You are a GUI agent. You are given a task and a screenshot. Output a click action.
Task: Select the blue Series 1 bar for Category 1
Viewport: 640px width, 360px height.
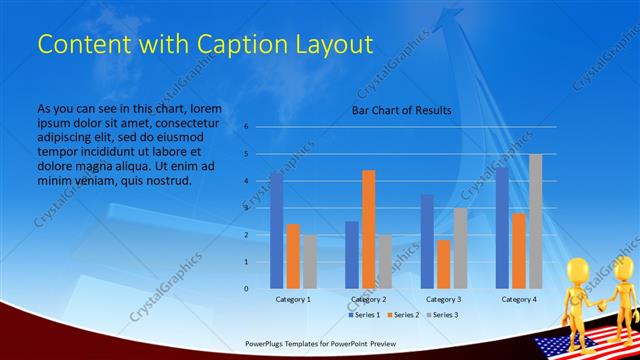tap(276, 230)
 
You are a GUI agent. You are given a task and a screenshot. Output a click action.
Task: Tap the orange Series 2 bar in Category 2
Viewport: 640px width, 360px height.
tap(369, 229)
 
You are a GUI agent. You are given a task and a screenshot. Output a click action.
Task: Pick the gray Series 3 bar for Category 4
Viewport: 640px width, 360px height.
tap(536, 221)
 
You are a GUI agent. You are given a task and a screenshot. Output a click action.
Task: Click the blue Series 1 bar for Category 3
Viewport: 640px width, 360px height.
tap(427, 241)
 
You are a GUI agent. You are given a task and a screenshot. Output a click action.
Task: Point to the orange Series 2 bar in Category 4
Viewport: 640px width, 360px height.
tap(519, 250)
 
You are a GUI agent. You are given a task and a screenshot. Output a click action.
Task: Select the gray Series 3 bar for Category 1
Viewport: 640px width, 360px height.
tap(310, 261)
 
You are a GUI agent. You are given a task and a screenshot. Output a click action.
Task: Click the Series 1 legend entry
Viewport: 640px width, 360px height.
tap(365, 315)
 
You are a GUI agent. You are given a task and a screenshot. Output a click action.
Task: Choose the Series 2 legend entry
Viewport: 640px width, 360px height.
tap(404, 315)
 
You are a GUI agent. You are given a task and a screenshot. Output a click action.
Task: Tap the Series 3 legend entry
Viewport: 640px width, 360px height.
tap(442, 315)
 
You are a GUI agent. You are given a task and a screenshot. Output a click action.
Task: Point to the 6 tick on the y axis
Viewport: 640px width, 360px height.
tap(246, 127)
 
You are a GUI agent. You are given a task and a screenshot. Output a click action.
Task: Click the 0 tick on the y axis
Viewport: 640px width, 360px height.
tap(246, 289)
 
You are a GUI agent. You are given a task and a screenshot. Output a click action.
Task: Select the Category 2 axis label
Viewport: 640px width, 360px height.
tap(369, 300)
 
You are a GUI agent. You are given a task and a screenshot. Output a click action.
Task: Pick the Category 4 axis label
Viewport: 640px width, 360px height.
tap(519, 300)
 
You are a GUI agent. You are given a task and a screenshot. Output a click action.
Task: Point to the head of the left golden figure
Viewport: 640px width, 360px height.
tap(578, 270)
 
